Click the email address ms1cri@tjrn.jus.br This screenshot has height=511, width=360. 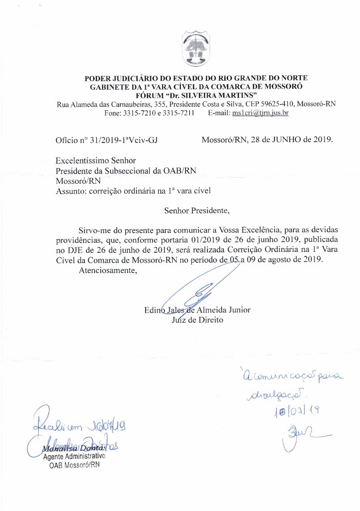point(260,113)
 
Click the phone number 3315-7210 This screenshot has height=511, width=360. point(132,113)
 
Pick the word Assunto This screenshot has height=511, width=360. point(71,191)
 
